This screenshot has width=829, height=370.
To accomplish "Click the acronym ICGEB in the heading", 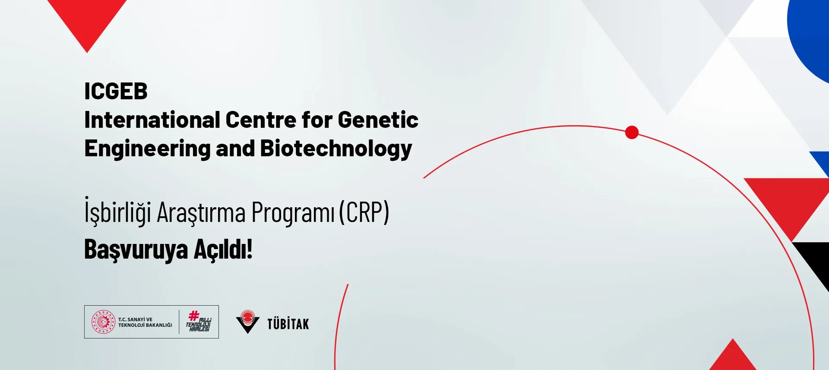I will click(x=116, y=92).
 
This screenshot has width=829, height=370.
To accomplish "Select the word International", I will click(x=152, y=120).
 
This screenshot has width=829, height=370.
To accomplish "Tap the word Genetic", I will click(x=378, y=120).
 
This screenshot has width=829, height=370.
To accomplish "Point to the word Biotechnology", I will click(x=336, y=149).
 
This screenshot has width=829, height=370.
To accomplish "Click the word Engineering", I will click(x=147, y=149).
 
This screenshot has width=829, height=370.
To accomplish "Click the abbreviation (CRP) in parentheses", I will click(x=364, y=212).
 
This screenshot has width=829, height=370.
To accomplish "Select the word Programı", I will click(x=293, y=213).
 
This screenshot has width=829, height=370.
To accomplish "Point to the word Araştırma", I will click(x=201, y=213).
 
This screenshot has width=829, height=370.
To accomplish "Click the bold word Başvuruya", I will click(x=136, y=250).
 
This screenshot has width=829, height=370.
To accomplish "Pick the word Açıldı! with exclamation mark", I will click(x=223, y=249).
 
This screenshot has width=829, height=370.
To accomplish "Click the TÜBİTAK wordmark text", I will click(x=288, y=324).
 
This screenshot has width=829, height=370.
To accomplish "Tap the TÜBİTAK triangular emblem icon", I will click(x=248, y=322).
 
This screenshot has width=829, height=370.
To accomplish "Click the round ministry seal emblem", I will click(x=103, y=322).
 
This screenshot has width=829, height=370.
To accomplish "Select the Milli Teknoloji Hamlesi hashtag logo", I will click(x=199, y=322).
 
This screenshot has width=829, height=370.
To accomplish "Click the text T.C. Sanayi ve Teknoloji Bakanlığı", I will click(x=145, y=322).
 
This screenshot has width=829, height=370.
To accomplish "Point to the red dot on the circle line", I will click(x=632, y=133).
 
